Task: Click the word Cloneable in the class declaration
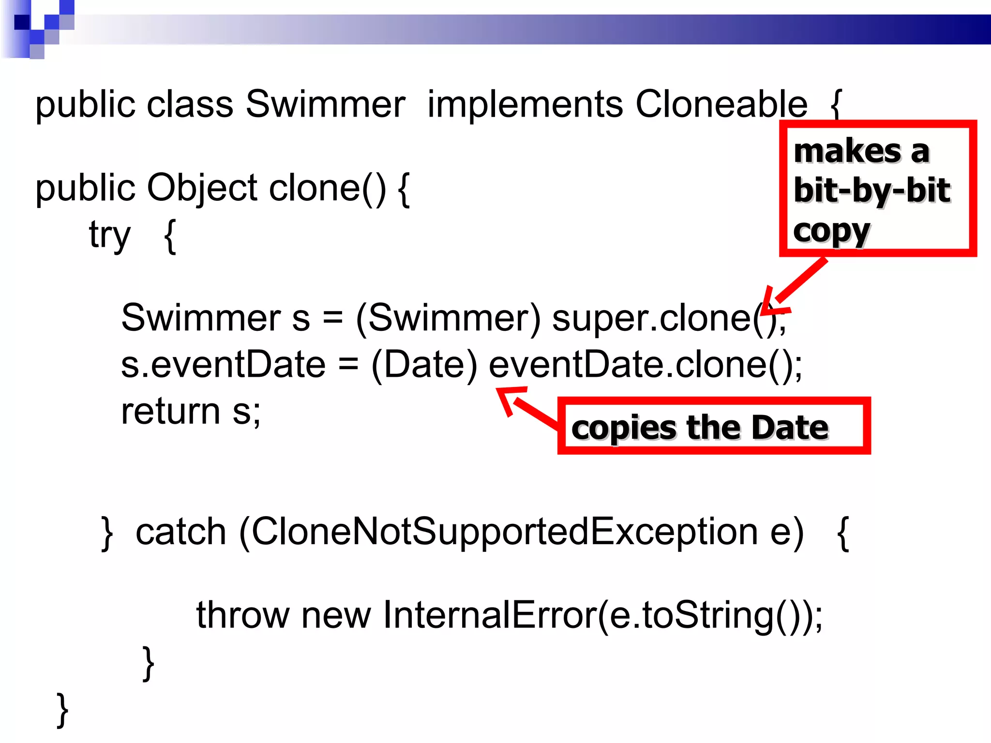[x=721, y=104]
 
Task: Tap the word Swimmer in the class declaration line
[x=325, y=104]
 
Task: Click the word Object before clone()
[x=202, y=189]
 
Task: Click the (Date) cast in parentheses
[x=424, y=365]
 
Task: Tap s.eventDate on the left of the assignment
[x=223, y=365]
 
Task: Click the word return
[x=170, y=412]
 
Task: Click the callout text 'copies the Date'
[x=700, y=428]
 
